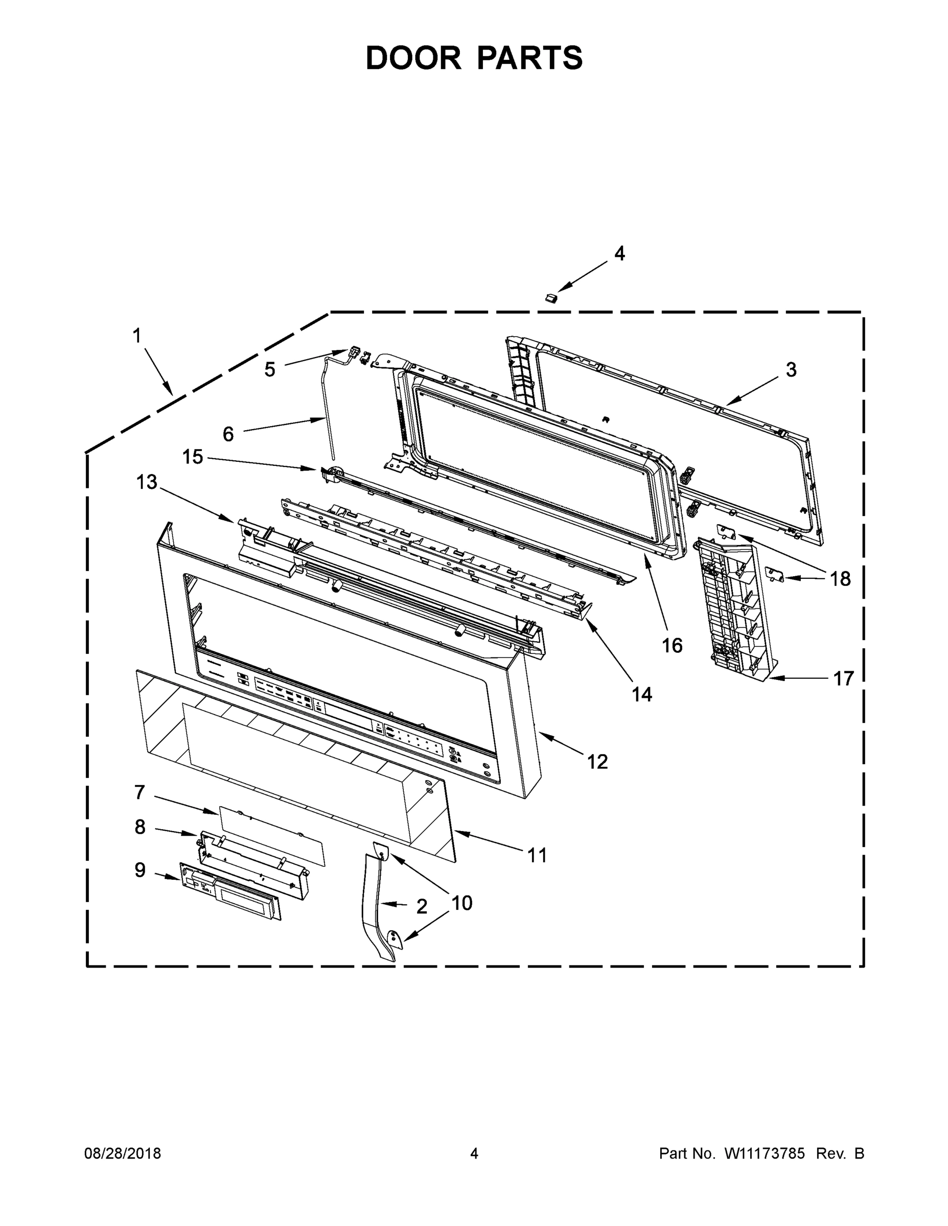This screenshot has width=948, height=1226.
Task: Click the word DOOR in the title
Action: tap(413, 58)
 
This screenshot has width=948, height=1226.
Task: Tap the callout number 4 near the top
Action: tap(619, 254)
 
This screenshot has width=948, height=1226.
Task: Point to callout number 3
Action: tap(791, 370)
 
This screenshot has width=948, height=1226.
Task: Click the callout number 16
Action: tap(672, 646)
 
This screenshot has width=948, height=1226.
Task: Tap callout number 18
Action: tap(840, 579)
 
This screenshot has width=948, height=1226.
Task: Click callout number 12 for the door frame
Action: tap(597, 762)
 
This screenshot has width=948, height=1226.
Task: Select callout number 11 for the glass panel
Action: tap(537, 856)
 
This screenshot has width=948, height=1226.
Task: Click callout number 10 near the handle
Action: tap(461, 903)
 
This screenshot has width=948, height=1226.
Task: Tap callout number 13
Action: tap(147, 482)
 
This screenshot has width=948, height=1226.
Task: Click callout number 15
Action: tap(192, 457)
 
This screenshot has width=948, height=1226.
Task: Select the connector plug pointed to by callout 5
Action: tap(354, 352)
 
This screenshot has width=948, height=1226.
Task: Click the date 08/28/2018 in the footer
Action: tap(123, 1153)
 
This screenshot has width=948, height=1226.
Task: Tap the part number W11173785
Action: tap(765, 1153)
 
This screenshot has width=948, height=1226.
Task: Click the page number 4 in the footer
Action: tap(474, 1153)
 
